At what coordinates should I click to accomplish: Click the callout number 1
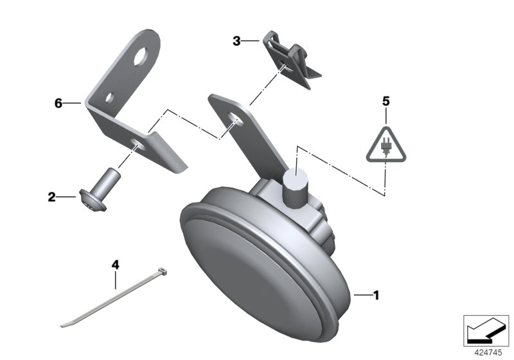[377, 295]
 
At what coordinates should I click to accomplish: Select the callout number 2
[52, 197]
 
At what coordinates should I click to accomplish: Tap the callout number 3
[236, 41]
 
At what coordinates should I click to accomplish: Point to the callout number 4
[115, 265]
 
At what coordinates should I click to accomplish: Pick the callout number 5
[386, 102]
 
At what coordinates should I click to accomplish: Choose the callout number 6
[58, 104]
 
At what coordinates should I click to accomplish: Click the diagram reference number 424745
[488, 353]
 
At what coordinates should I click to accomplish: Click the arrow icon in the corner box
[486, 330]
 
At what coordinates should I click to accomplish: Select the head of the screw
[93, 201]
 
